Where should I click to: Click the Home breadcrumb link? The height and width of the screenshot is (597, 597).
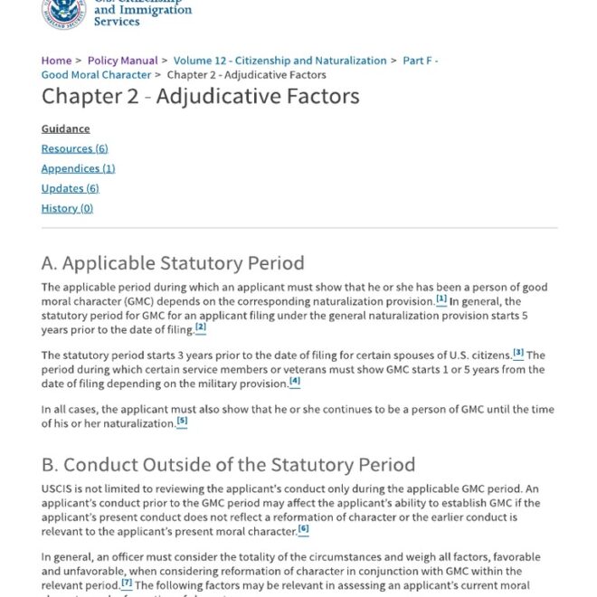tap(56, 61)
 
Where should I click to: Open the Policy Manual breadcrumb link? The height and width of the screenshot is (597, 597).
tap(122, 61)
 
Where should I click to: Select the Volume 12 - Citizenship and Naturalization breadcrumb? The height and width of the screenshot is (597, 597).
tap(280, 61)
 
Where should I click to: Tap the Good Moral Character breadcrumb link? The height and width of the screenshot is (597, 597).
tap(96, 75)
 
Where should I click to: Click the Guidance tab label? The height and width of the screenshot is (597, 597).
tap(65, 128)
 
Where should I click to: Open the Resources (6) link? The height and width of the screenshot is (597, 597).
tap(74, 148)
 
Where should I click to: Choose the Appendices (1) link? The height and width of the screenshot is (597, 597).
tap(78, 168)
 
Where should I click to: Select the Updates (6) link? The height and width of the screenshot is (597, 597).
tap(70, 188)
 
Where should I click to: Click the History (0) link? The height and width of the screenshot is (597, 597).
tap(67, 208)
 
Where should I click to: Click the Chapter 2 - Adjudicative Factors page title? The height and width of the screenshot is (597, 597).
tap(200, 97)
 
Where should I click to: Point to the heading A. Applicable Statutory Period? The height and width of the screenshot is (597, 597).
tap(173, 263)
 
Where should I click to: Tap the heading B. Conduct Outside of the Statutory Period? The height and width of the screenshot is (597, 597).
tap(228, 465)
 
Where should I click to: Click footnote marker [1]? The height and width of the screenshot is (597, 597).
tap(441, 299)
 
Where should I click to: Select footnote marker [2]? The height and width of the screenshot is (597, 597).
tap(201, 327)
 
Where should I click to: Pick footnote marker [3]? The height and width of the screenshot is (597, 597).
tap(518, 353)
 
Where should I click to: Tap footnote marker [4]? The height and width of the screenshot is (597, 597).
tap(295, 381)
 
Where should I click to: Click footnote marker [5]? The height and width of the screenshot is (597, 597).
tap(182, 422)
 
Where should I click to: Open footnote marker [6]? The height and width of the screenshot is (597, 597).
tap(303, 529)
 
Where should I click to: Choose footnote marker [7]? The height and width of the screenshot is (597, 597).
tap(127, 583)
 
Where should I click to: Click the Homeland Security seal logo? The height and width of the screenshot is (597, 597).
tap(62, 11)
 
